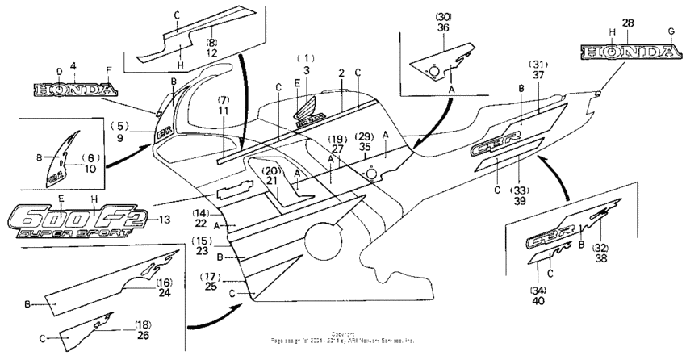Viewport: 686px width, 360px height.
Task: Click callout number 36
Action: pos(443,27)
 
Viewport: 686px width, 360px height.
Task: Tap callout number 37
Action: pos(538,74)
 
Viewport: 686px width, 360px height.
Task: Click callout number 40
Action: pos(538,301)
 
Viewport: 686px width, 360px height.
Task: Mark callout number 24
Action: pos(164,294)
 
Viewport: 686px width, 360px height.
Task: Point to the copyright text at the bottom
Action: pos(343,337)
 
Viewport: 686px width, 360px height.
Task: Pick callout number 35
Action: pos(366,149)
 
